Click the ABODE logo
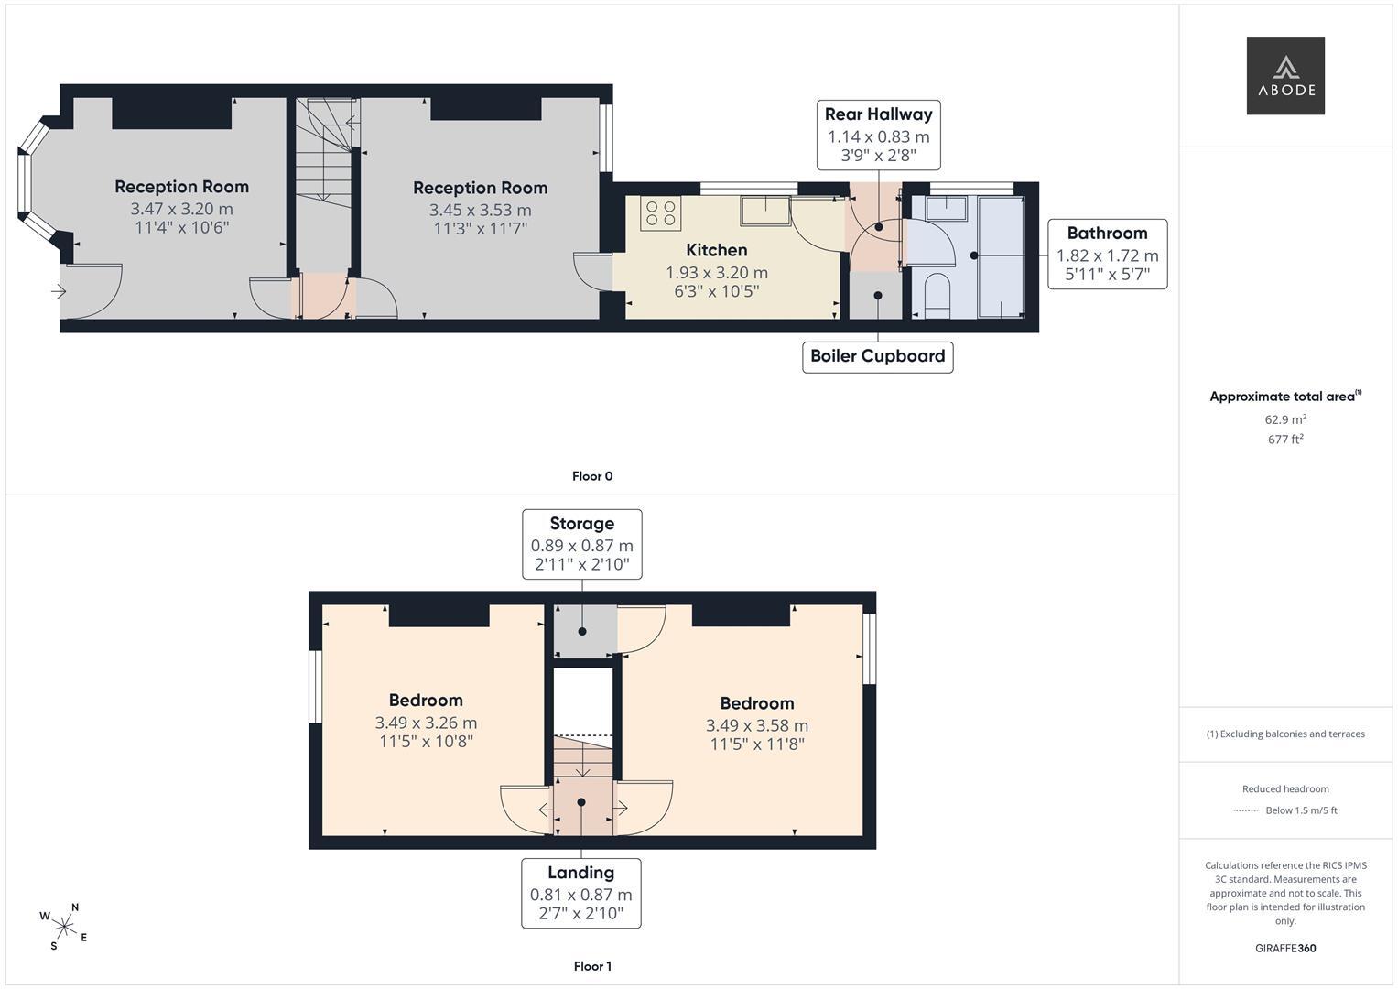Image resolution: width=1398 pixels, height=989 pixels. pos(1285,75)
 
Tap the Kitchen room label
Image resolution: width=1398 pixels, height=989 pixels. pos(717,250)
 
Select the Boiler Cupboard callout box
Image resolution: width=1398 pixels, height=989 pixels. pos(877,357)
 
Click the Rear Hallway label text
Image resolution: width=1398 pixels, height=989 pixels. pos(878,114)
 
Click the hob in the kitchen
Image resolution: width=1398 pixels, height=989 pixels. pos(660,212)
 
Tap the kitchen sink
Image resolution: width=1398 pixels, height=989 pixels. pos(765,211)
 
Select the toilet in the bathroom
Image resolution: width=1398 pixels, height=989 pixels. pos(937,295)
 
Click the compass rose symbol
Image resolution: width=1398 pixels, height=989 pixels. pos(64,927)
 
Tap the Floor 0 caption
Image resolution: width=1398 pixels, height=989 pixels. pos(592,476)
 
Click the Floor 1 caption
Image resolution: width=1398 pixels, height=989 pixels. pos(592,966)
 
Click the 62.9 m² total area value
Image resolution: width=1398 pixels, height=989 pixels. pos(1285,419)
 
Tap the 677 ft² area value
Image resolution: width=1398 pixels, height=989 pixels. pos(1285,439)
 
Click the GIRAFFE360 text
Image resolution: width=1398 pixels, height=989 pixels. pos(1285,949)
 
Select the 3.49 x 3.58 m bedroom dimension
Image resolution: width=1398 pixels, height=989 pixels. pos(757,725)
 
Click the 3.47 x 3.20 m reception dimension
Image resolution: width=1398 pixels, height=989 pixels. pos(181,209)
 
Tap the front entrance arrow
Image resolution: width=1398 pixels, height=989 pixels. pos(59,291)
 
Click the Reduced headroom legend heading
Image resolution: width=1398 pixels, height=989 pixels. pos(1285,788)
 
